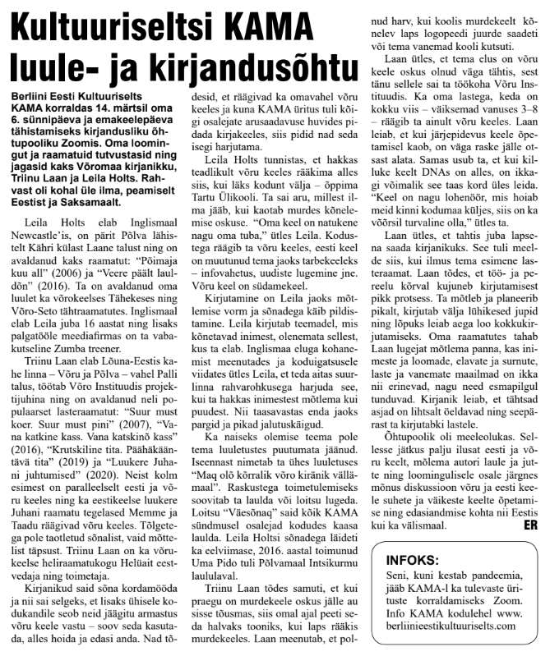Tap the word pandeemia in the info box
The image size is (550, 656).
[488, 585]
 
